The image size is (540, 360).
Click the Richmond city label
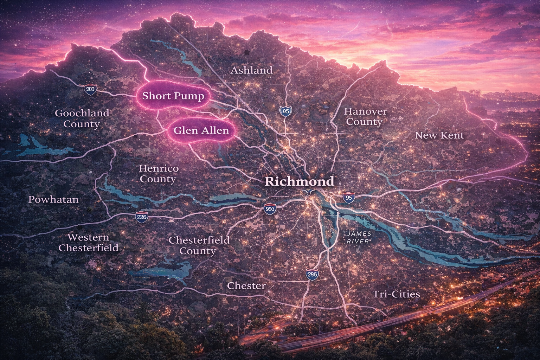tap(299, 181)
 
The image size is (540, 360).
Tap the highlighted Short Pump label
tap(173, 96)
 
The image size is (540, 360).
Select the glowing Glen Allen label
tap(201, 130)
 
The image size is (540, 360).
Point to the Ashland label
tap(251, 70)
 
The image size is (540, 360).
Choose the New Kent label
tap(439, 135)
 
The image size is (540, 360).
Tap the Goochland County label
tap(82, 118)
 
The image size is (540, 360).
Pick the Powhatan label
tap(53, 200)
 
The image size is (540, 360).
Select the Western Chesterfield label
tap(89, 243)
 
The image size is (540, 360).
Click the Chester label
tap(246, 285)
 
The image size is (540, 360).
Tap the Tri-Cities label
tap(396, 294)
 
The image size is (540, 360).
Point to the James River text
tap(358, 237)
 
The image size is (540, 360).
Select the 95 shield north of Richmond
tap(285, 111)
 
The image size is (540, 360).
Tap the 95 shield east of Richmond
tap(349, 198)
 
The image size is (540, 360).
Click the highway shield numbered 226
tap(141, 217)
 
